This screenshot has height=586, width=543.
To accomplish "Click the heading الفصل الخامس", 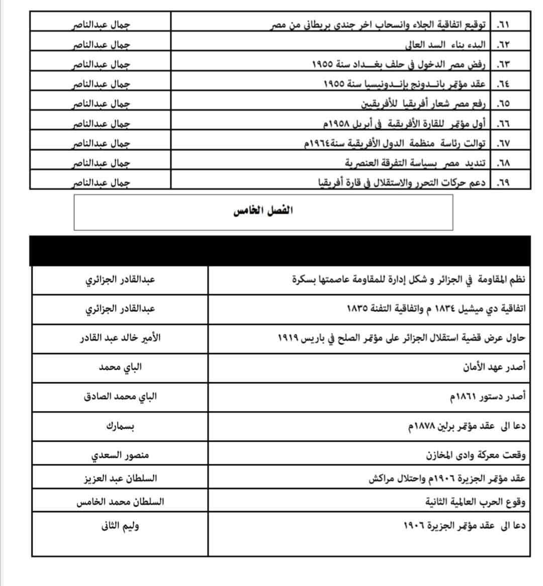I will [x=263, y=211].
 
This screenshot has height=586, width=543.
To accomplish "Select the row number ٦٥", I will [x=503, y=104].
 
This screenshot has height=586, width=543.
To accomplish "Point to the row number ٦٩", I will [x=503, y=183].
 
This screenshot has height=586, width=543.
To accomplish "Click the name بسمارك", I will [x=120, y=426].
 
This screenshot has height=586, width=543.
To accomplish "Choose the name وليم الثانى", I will [x=120, y=526].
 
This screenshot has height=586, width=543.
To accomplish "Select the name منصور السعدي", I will [x=120, y=456].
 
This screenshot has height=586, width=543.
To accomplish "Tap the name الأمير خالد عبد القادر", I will [x=120, y=338].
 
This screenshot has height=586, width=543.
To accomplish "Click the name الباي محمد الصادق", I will [x=120, y=396].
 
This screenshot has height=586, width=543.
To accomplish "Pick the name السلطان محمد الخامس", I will [x=120, y=502].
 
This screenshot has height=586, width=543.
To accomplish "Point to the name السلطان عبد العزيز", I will [x=120, y=478].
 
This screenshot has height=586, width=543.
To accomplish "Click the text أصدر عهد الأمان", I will [x=494, y=367].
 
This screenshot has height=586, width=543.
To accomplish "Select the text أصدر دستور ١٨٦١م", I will [x=487, y=397].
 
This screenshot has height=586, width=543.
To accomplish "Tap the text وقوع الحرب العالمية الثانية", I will [x=475, y=502].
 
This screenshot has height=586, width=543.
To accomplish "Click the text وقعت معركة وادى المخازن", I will [x=476, y=456].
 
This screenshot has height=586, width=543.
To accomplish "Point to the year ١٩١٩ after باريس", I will [x=288, y=338].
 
